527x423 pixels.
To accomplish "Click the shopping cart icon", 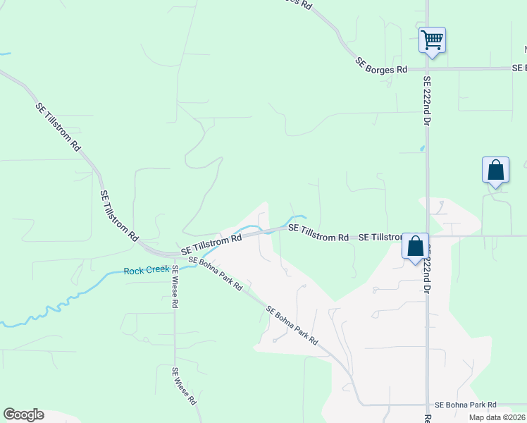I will (x=432, y=39).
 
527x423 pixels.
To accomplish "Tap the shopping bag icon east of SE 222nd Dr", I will (x=495, y=171).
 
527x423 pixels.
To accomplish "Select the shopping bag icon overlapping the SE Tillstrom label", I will (x=415, y=247).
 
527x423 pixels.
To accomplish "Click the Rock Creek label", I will (x=147, y=270).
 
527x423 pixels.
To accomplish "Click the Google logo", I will (x=23, y=415).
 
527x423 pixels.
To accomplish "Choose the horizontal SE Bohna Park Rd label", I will (x=465, y=405).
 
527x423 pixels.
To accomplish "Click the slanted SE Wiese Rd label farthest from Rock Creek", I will (x=184, y=386).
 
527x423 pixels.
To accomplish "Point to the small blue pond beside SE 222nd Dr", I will (x=422, y=148).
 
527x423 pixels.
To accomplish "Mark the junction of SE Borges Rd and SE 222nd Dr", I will (x=427, y=68).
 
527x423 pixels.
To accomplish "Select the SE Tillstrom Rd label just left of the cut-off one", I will (x=318, y=233).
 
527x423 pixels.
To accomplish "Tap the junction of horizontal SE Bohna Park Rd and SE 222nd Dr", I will (x=427, y=405).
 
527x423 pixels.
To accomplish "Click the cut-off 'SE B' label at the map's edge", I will (x=520, y=68).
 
